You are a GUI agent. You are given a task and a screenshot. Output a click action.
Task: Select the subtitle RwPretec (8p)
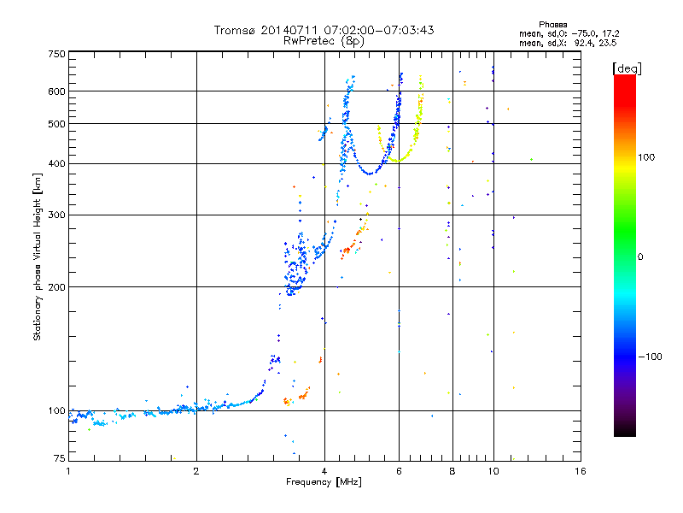pos(324,41)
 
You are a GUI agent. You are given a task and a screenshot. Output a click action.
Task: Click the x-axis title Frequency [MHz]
pos(324,482)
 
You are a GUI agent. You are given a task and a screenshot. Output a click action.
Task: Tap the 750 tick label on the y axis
pos(57,54)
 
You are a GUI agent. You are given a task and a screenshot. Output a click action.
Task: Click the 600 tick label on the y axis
pos(57,91)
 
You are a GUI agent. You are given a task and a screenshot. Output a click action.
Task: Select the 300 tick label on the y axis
pos(57,215)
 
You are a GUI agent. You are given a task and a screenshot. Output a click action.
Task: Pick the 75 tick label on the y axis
pos(60,458)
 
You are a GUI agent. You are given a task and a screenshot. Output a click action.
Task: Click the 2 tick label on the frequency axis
pos(196,471)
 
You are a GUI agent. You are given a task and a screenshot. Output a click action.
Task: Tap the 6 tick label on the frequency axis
pos(399,471)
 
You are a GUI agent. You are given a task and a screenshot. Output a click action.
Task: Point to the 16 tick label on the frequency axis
pos(581,471)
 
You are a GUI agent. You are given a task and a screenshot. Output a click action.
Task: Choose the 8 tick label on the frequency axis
pos(452,471)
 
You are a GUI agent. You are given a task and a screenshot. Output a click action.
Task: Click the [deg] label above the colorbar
pos(628,69)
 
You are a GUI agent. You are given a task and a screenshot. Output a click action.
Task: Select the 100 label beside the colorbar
pos(646,157)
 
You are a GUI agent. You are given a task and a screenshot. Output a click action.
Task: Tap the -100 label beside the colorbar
pos(651,357)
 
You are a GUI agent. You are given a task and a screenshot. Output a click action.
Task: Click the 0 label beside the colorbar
pos(640,257)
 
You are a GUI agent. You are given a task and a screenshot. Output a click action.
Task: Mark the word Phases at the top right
pos(553,25)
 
